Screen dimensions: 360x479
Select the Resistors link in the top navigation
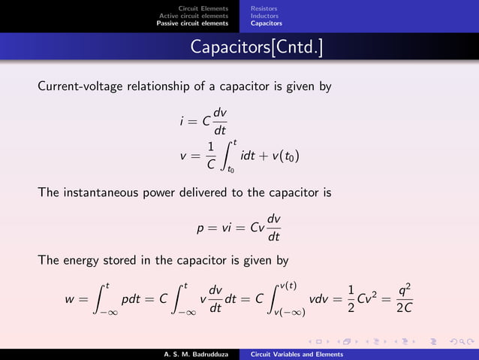point(264,8)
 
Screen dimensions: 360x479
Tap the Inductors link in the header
point(264,16)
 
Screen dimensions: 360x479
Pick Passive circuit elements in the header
point(192,23)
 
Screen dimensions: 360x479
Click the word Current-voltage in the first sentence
point(73,86)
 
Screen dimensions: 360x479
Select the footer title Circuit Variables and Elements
point(297,353)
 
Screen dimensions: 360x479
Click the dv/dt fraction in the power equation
point(274,228)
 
